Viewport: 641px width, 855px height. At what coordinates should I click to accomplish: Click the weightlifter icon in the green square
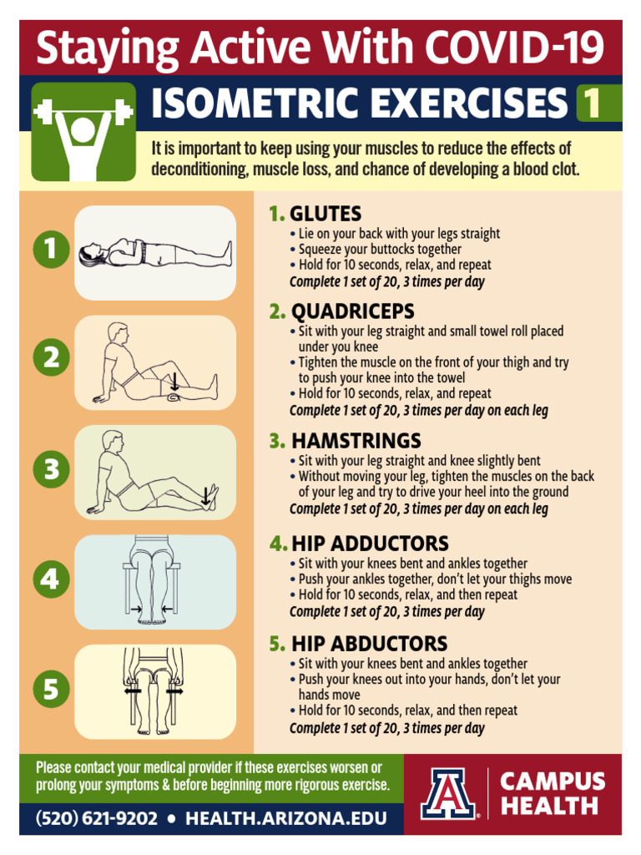coord(83,132)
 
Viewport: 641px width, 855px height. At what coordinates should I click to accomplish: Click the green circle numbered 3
coord(52,470)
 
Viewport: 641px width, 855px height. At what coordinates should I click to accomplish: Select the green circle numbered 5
coord(52,690)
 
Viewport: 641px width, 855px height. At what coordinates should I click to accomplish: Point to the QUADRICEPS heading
coord(352,311)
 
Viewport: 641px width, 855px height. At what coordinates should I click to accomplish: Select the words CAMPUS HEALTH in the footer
coord(552,793)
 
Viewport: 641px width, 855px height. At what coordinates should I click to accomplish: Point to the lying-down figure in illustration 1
coord(154,252)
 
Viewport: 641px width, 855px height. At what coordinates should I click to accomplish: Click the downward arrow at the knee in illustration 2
coord(174,382)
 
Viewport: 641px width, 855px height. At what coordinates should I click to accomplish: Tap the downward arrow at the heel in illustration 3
coord(206,495)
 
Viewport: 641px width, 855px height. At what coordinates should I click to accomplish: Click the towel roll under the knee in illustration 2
coord(174,397)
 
